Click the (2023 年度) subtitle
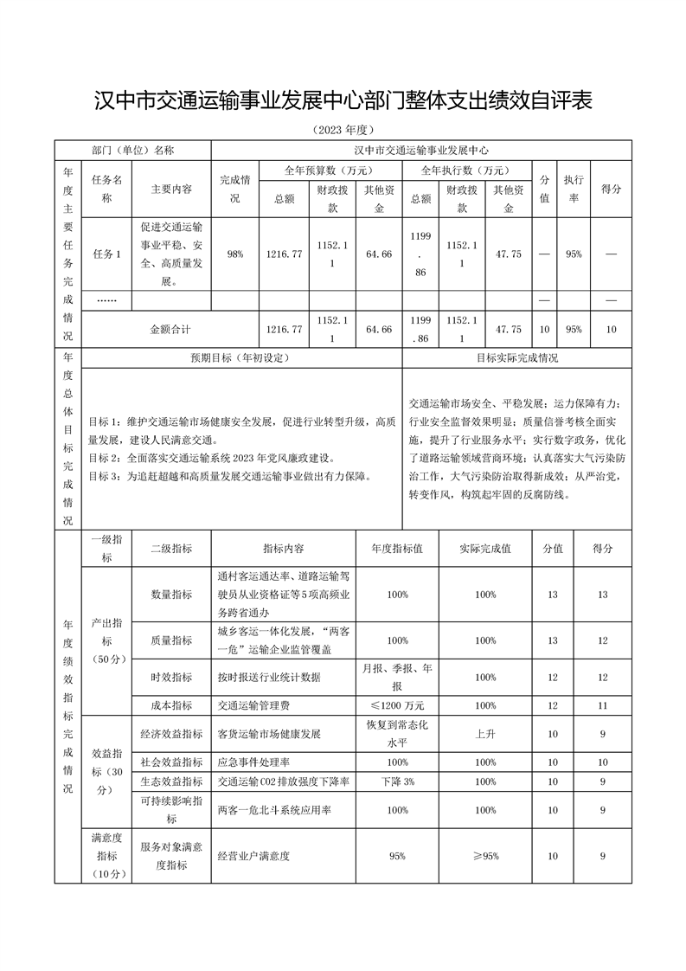343,130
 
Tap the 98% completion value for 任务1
235,254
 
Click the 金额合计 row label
170,330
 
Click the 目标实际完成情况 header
516,357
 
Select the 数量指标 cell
171,595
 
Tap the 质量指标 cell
171,640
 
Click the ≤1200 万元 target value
397,704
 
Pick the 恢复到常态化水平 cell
397,733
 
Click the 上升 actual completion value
484,733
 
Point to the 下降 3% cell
397,781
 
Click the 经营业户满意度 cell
253,856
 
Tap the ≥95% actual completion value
484,856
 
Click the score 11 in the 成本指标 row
603,704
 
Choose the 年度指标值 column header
397,549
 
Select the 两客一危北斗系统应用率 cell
275,810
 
